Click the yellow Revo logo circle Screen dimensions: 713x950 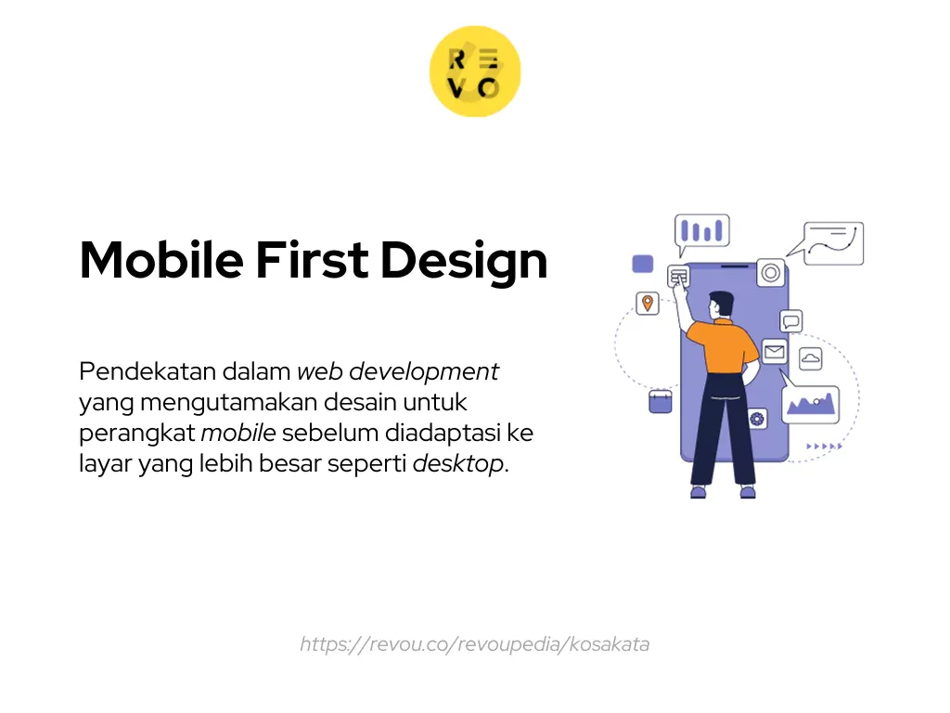475,71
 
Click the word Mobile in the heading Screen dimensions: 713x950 160,261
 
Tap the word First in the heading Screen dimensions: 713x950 311,261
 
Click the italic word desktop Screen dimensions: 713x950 458,464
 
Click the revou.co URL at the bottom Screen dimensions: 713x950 474,643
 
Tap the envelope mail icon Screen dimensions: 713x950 775,352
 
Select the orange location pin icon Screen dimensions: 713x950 648,303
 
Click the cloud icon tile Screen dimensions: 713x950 811,358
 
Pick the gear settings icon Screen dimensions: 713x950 758,419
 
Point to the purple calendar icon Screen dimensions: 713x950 660,401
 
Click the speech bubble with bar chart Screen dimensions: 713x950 702,231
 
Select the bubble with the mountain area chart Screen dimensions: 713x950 810,403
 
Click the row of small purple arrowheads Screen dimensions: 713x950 824,447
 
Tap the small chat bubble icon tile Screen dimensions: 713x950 791,321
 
